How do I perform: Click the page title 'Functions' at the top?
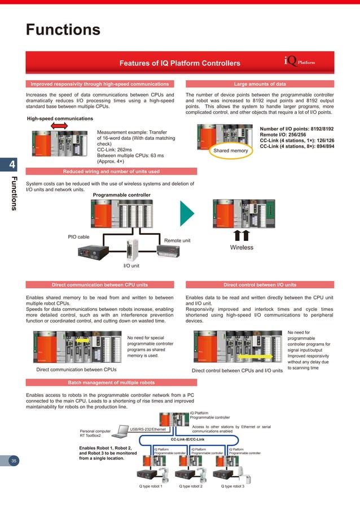(63, 29)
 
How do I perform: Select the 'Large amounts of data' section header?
(260, 84)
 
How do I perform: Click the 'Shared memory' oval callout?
(231, 151)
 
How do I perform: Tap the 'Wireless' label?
(241, 247)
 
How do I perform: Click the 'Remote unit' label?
(177, 240)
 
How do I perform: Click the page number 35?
(15, 461)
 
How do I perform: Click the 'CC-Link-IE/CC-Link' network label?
(187, 439)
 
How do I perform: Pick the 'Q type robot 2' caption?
(191, 486)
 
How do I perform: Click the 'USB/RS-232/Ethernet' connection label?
(152, 429)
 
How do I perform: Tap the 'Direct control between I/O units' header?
(260, 285)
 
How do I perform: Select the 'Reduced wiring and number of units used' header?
(111, 171)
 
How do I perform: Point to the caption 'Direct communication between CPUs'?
(76, 370)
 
